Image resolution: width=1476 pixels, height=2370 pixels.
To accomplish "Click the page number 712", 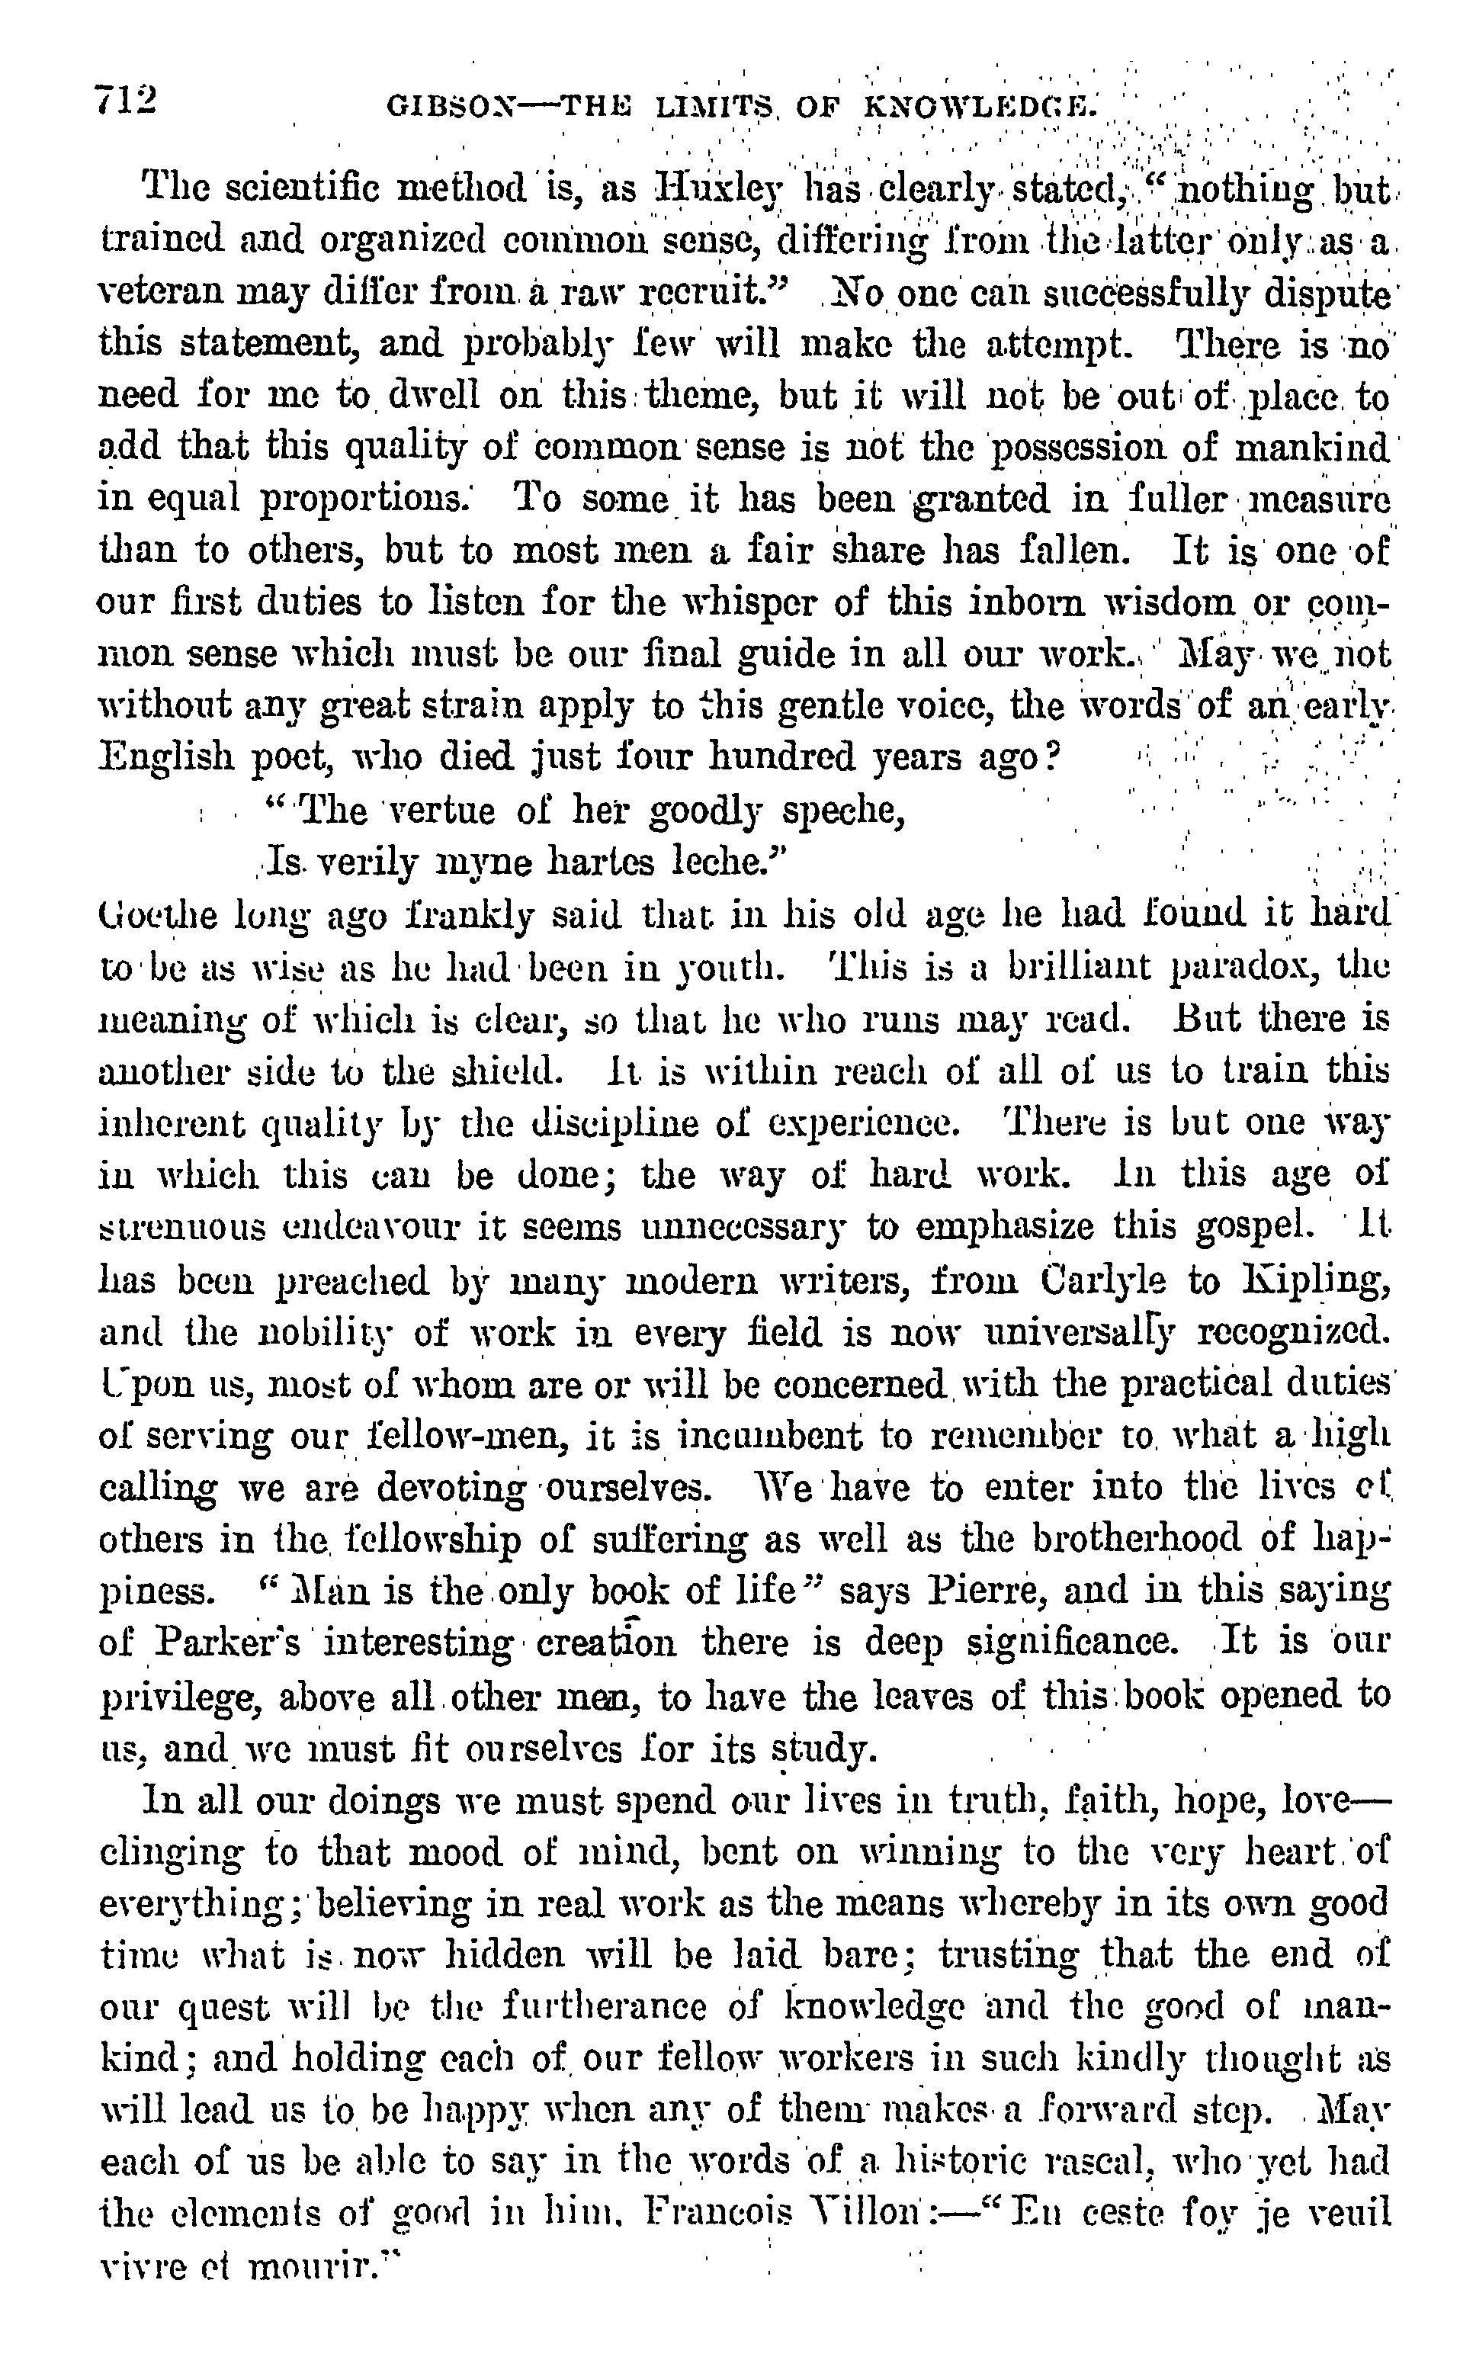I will pyautogui.click(x=126, y=101).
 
